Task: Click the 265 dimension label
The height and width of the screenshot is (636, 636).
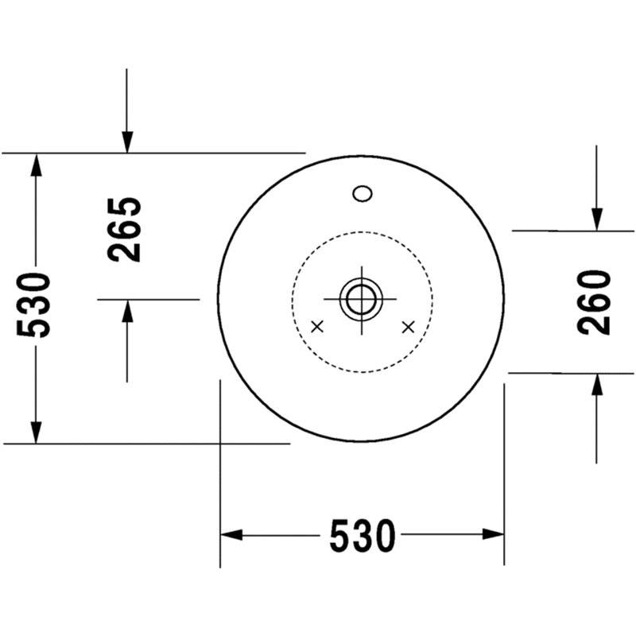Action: coord(125,230)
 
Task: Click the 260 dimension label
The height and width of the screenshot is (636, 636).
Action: coord(594,303)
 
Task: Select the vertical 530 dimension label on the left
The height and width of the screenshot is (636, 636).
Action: coord(33,305)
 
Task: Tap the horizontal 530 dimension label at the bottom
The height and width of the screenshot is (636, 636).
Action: coord(363,536)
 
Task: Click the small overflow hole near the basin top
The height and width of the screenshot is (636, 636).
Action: coord(363,193)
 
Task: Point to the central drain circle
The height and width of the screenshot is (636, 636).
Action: coord(361,300)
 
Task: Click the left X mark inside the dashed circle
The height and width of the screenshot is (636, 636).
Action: coord(317,326)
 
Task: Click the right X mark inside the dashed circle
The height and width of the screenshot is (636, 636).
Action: coord(408,327)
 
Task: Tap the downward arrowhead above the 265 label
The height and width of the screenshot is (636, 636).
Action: coord(127,142)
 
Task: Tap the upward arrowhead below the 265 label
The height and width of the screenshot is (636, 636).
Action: coord(127,311)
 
